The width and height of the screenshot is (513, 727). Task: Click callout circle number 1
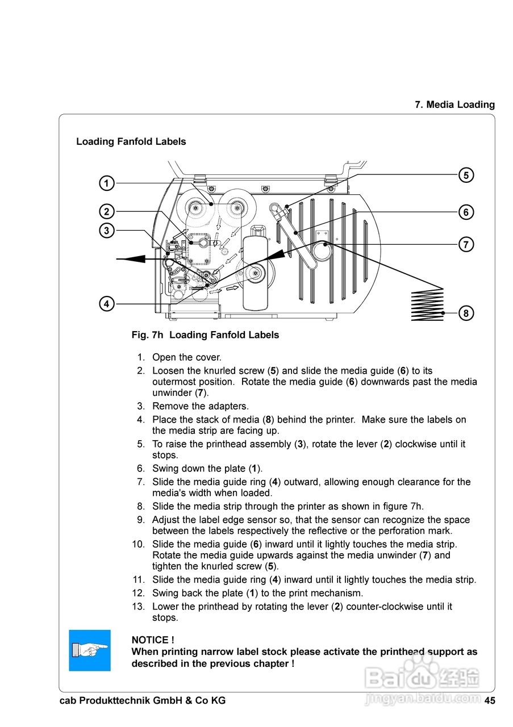(x=106, y=183)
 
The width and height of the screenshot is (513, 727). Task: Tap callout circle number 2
(x=106, y=212)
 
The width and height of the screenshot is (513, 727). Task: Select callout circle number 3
(x=106, y=231)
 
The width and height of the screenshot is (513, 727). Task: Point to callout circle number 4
(x=106, y=304)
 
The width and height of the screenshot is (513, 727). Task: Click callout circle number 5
(x=466, y=176)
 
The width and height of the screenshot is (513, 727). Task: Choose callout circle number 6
(x=466, y=212)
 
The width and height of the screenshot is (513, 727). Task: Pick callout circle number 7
(x=466, y=245)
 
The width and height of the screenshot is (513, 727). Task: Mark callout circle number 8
(x=466, y=313)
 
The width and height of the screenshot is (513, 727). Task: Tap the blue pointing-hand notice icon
(x=90, y=650)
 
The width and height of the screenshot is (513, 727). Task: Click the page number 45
(x=490, y=701)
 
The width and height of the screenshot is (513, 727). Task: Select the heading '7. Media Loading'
(x=454, y=105)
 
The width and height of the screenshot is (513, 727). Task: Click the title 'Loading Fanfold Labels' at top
(x=131, y=141)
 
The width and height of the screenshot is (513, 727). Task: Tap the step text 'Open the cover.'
(x=187, y=358)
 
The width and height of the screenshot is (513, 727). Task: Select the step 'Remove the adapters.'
(x=201, y=407)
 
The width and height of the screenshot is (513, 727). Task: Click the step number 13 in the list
(x=139, y=607)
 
